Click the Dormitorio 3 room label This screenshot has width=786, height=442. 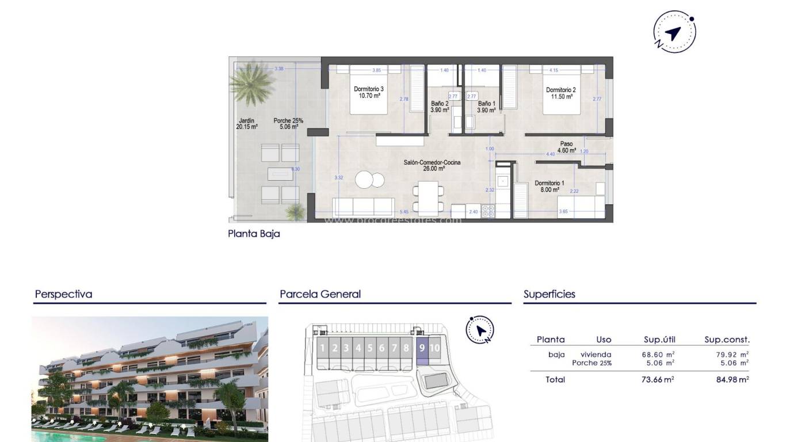(x=369, y=92)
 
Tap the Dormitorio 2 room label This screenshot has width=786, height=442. (x=560, y=93)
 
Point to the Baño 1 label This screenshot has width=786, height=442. (x=486, y=106)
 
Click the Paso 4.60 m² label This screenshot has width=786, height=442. (x=566, y=147)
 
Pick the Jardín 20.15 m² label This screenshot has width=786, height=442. (x=246, y=124)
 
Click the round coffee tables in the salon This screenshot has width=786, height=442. (x=369, y=180)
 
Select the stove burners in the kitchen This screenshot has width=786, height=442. (x=488, y=211)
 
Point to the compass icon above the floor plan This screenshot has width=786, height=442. (x=674, y=32)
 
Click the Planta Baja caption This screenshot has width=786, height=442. (x=254, y=234)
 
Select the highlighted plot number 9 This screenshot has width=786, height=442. (x=422, y=348)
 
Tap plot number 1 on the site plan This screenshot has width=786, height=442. (x=322, y=348)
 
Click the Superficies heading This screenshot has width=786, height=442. (x=549, y=294)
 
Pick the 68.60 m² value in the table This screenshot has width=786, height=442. (x=659, y=355)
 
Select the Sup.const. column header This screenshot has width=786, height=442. (x=727, y=340)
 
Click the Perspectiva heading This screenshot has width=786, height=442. (x=63, y=294)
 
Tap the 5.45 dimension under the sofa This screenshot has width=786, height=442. (x=404, y=212)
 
